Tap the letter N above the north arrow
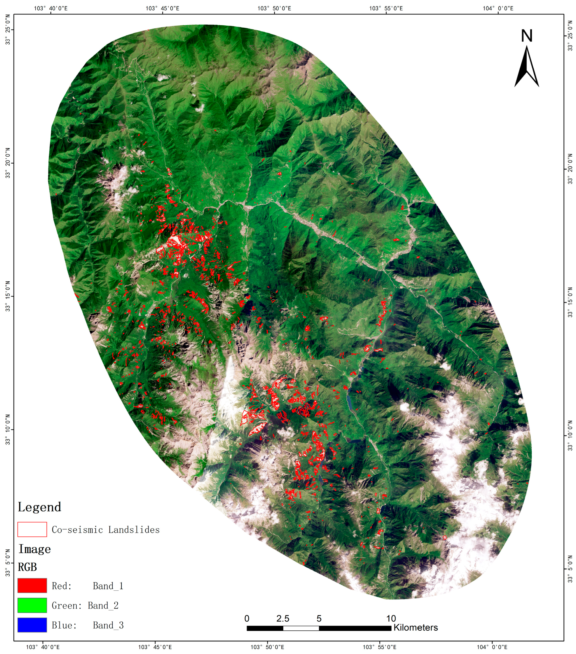click(526, 36)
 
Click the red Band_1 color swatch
click(32, 585)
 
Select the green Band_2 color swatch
click(32, 605)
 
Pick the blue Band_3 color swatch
click(32, 625)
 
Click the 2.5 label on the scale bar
click(283, 618)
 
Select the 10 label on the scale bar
click(391, 618)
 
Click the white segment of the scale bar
click(301, 628)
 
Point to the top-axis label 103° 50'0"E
click(274, 8)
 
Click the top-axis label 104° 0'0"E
click(498, 8)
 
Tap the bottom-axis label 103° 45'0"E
click(155, 647)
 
